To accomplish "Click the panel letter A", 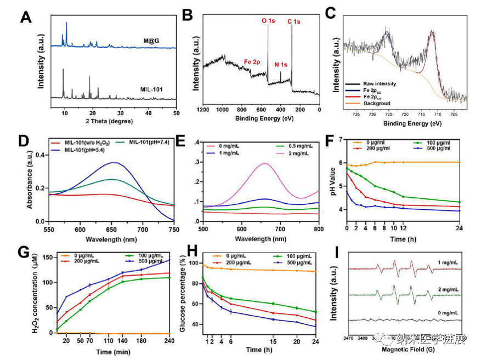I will (26, 18).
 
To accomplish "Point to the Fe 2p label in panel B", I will (253, 62).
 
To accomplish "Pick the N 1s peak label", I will (281, 65).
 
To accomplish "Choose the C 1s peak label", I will (294, 21).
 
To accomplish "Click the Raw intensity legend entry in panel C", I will (382, 84).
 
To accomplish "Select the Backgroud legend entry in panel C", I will (381, 102).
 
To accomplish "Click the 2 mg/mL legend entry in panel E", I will (296, 153).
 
